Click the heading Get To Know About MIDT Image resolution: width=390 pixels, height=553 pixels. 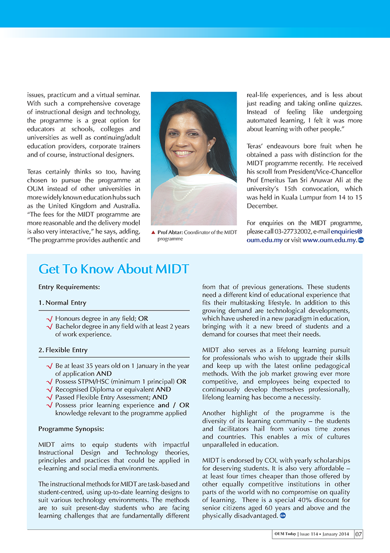pos(114,270)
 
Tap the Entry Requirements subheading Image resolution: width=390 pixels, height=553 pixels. pos(69,287)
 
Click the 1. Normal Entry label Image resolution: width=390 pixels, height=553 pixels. pos(62,303)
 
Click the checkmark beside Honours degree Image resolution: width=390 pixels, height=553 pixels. pos(49,318)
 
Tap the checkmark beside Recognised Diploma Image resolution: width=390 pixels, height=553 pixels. pos(49,390)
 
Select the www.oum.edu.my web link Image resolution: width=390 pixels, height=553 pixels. pos(329,240)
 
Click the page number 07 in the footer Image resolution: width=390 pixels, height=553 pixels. pos(359,535)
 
